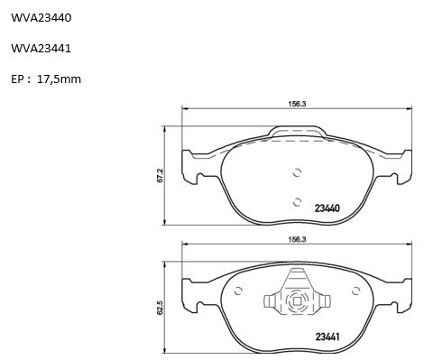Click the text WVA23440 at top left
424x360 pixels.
coord(41,18)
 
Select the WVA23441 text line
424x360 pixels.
coord(41,49)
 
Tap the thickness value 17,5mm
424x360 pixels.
coord(59,79)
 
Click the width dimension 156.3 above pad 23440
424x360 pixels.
coord(297,104)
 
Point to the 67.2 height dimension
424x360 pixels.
coord(160,175)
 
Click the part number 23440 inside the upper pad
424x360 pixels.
coord(327,208)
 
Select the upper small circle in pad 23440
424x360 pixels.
coord(297,172)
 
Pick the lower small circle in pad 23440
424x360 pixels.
coord(297,202)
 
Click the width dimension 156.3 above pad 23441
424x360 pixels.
coord(297,240)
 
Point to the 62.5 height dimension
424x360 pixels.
coord(160,308)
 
